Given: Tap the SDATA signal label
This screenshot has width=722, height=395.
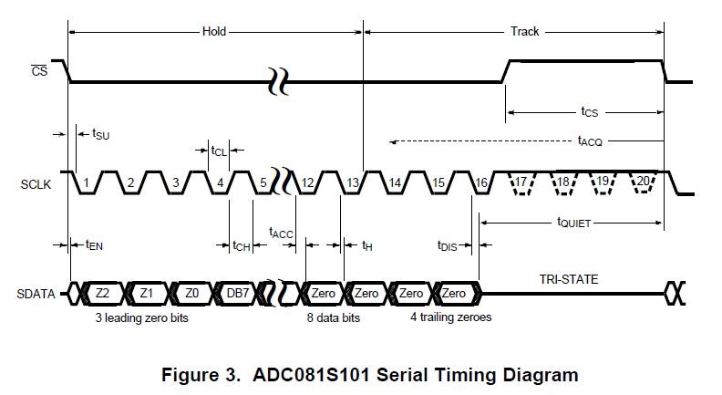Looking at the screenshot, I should (37, 294).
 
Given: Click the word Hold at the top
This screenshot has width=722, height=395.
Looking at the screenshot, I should (213, 32).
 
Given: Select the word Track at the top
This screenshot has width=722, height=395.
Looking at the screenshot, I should (524, 32).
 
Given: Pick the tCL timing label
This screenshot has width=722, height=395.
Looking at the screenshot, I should (219, 151).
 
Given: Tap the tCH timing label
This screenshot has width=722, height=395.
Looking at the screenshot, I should (242, 245).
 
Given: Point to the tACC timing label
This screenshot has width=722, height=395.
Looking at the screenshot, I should (281, 233).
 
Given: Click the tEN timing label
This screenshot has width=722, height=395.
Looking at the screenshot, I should (94, 244).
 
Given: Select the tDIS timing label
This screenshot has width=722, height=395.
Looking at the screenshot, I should (449, 245).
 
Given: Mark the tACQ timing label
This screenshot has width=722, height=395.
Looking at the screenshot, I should (590, 141).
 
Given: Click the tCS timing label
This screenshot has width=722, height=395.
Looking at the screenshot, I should (590, 112).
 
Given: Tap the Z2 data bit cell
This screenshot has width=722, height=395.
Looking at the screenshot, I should (102, 293).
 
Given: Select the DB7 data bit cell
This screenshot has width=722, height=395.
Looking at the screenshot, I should (238, 293).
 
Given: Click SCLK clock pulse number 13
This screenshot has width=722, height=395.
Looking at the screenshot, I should (353, 183).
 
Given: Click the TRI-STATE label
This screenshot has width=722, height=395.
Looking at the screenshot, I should (568, 279).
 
